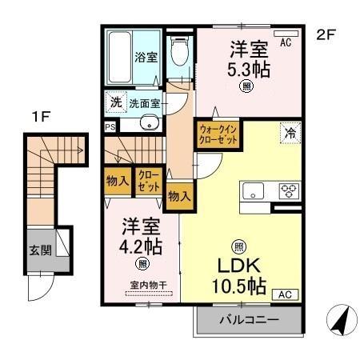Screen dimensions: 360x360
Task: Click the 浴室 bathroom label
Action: pos(145,58)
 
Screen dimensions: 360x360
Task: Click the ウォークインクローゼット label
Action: pos(217,134)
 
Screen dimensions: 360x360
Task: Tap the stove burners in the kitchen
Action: pos(287,190)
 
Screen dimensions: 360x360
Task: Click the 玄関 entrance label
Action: pos(41,250)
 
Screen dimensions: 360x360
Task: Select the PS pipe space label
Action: pos(110,125)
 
